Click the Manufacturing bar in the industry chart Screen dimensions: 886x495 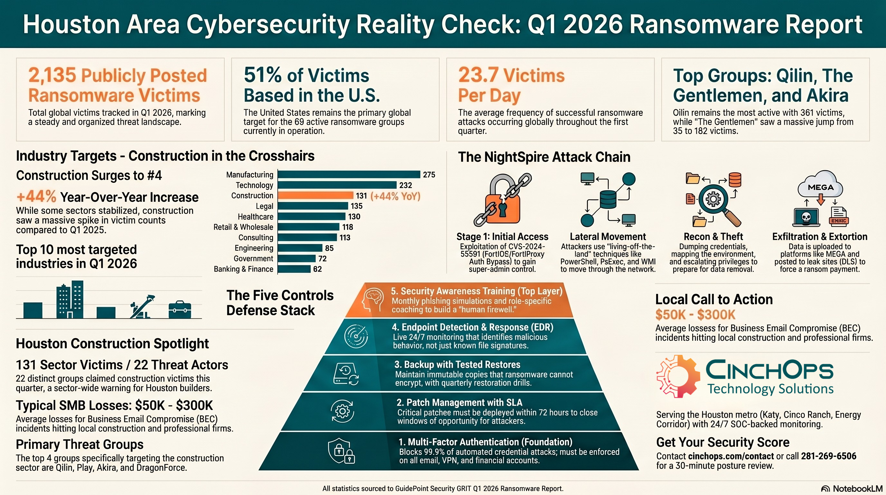(349, 175)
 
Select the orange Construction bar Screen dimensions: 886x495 (316, 196)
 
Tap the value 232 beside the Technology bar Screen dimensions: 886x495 (406, 185)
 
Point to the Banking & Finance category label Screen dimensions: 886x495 (243, 269)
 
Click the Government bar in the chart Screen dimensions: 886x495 (297, 258)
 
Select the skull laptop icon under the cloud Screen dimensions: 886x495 (806, 218)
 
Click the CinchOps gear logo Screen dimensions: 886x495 (678, 376)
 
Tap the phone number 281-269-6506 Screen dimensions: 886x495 (829, 456)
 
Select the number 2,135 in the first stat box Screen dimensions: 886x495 (52, 75)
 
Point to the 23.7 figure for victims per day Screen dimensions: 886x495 (478, 75)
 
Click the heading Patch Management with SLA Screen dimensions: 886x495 (459, 403)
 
